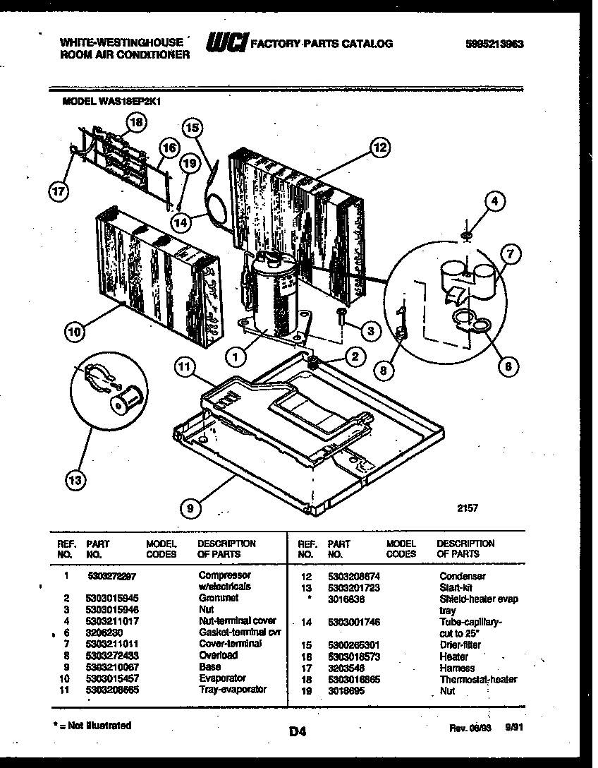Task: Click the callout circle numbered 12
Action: [379, 148]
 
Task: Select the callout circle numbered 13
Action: [75, 481]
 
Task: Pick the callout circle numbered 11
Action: [185, 367]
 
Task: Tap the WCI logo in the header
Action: [226, 43]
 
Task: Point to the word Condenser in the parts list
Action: [462, 577]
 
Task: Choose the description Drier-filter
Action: [462, 645]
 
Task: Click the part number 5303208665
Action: [114, 690]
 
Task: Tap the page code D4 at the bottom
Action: [298, 733]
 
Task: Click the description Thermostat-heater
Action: [478, 680]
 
